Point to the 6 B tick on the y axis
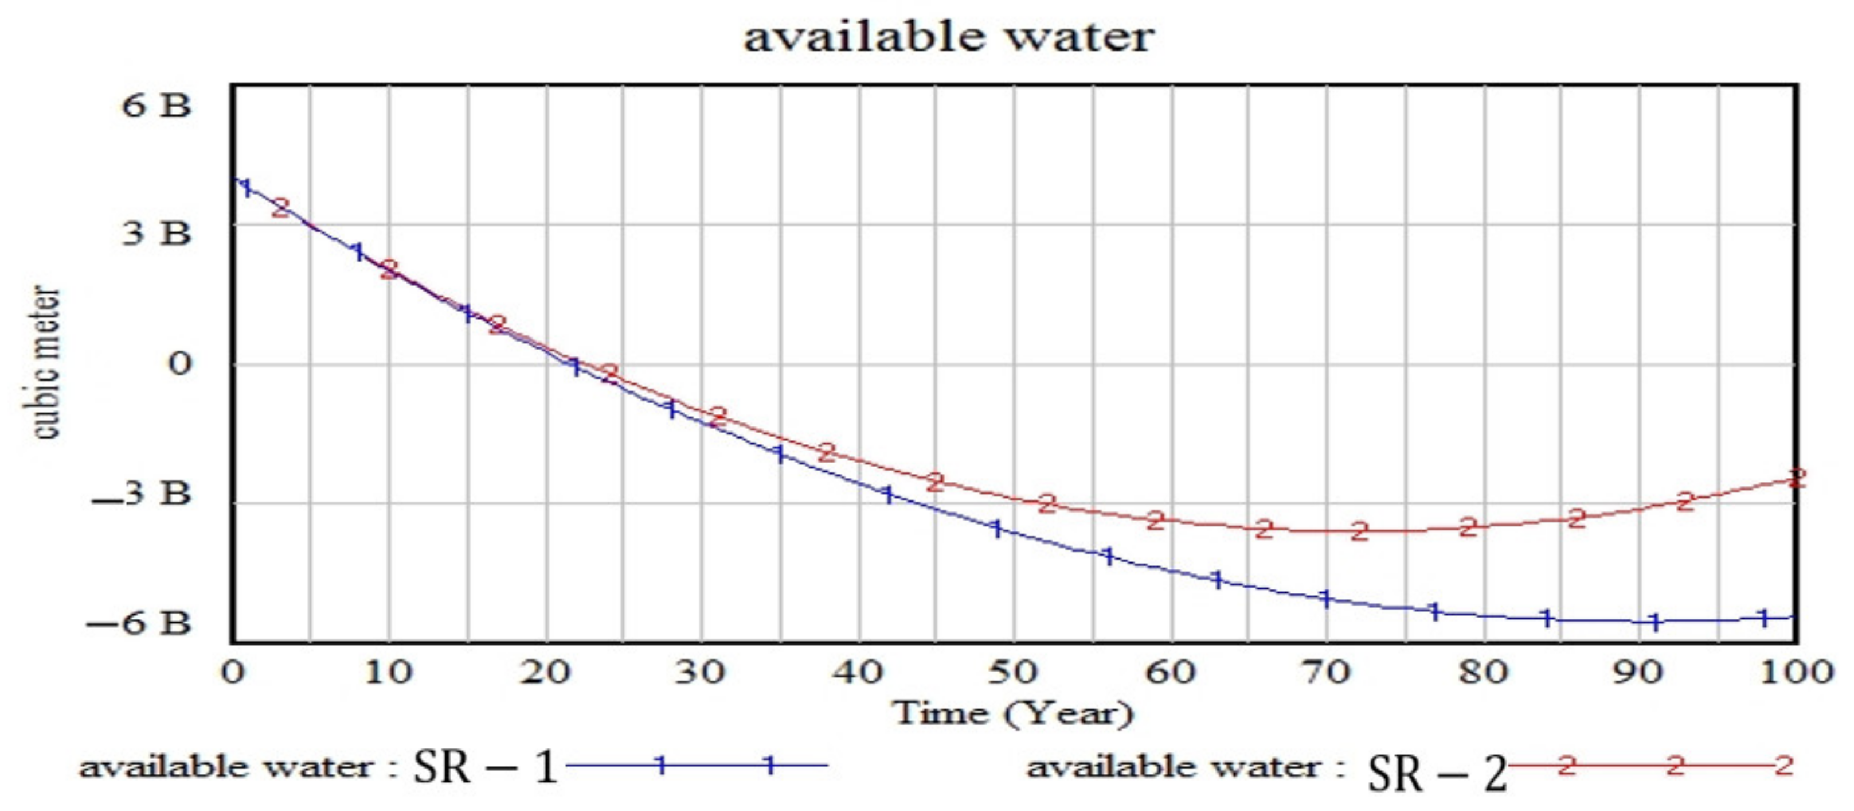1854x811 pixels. [156, 106]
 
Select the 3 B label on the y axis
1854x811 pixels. [156, 232]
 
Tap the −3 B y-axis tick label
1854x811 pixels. [142, 494]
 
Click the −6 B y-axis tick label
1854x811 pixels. [139, 622]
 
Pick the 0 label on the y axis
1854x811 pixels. [180, 364]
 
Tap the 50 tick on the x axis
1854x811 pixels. [1012, 672]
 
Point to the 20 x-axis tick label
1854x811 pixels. [545, 672]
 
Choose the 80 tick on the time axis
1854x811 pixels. [1483, 672]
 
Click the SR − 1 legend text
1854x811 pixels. [486, 766]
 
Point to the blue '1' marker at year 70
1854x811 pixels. [1327, 598]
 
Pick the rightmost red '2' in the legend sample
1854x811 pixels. [1783, 765]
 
